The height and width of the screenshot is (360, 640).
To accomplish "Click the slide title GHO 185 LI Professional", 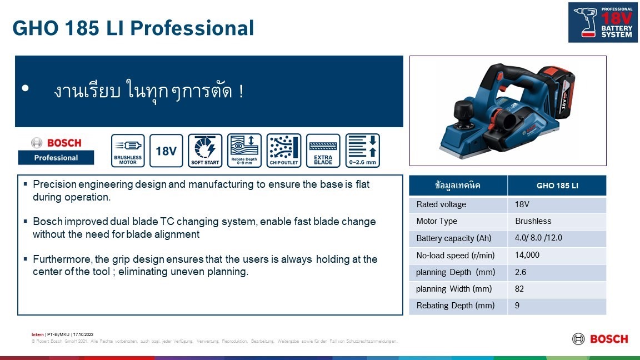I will tap(133, 28).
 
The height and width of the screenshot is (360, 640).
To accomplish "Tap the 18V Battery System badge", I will tap(602, 22).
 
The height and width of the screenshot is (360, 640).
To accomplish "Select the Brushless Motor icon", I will tap(128, 151).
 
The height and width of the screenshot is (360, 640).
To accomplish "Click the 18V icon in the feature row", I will tap(166, 151).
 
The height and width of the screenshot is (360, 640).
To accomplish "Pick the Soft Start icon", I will tap(205, 151).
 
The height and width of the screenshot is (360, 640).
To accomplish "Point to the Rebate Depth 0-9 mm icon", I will tap(244, 151).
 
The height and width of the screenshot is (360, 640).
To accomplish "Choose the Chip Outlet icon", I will tap(284, 151).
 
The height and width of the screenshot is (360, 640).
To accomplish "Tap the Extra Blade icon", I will tap(323, 151).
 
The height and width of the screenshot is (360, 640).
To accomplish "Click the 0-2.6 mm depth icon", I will tap(362, 151).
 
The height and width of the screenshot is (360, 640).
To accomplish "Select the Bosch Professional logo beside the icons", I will tap(56, 150).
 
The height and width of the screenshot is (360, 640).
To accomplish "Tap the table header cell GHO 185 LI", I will tap(557, 186).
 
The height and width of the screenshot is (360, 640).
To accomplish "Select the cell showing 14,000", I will tap(527, 256).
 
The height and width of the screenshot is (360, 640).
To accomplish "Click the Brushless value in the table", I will tap(533, 221).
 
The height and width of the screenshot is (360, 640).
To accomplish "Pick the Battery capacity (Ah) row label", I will tap(453, 238).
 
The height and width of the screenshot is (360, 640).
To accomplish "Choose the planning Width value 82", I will tap(519, 289).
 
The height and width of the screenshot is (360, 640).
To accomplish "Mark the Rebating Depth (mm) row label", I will tap(455, 306).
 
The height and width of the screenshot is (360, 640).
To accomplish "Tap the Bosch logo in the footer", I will tap(600, 339).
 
